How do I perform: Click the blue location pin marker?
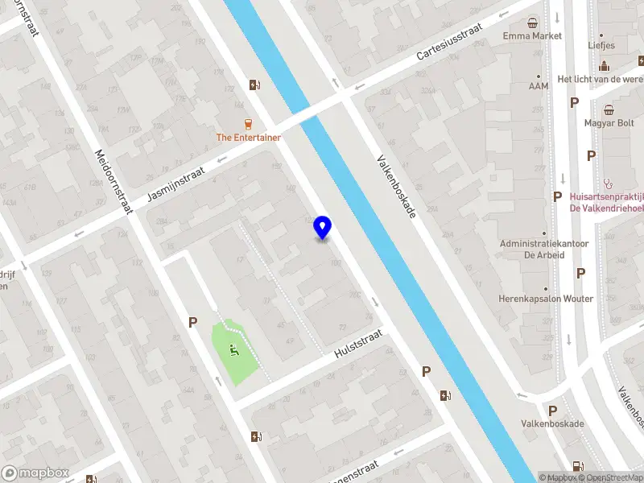(323, 228)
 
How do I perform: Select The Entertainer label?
(249, 138)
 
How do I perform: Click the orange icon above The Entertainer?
(249, 123)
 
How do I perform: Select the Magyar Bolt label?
(609, 123)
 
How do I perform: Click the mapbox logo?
(35, 473)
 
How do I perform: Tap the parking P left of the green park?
(192, 322)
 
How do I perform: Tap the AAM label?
(539, 86)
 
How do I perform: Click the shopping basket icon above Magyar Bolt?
(609, 109)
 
